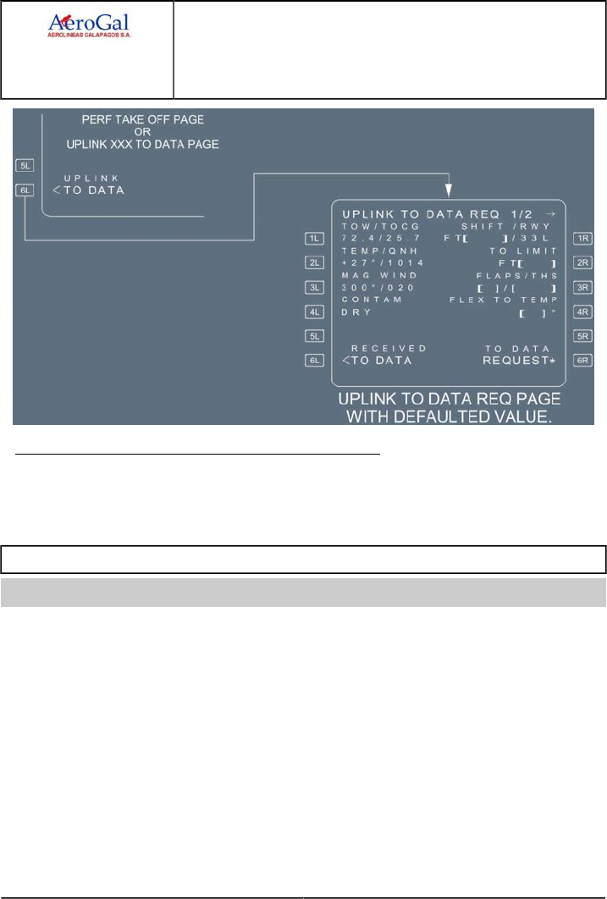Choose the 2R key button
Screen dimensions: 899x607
582,262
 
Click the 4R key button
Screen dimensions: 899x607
582,312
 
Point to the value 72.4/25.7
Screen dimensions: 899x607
374,240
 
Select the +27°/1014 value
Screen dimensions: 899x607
376,263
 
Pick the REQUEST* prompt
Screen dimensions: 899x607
518,360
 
